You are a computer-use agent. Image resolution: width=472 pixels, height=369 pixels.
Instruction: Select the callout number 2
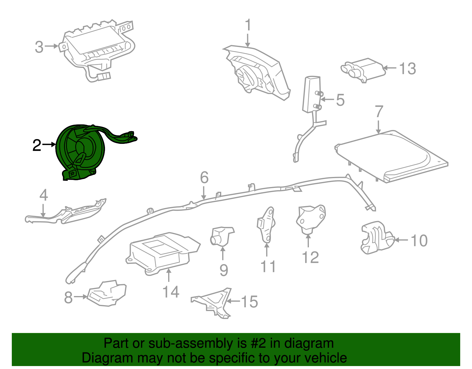point(37,145)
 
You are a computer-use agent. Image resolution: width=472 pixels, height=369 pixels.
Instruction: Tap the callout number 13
point(408,69)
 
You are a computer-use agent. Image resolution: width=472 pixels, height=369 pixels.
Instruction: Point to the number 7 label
point(379,111)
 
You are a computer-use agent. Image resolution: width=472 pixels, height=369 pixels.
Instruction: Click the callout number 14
point(171,292)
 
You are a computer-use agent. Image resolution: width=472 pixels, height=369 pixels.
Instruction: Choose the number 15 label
point(249,301)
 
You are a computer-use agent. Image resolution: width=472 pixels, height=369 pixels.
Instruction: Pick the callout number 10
point(419,240)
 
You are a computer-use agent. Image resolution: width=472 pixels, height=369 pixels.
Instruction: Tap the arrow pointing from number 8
point(81,297)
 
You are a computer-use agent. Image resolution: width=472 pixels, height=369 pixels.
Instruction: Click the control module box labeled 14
point(163,253)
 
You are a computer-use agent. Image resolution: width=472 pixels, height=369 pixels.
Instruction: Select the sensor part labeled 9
point(222,237)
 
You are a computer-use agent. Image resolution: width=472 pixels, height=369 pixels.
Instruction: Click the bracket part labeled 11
point(266,225)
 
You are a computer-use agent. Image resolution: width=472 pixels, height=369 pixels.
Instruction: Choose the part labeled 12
point(311,219)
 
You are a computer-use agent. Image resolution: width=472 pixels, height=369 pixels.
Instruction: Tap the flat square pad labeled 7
point(391,157)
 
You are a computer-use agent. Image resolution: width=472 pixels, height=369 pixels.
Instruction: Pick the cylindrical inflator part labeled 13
point(363,70)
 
